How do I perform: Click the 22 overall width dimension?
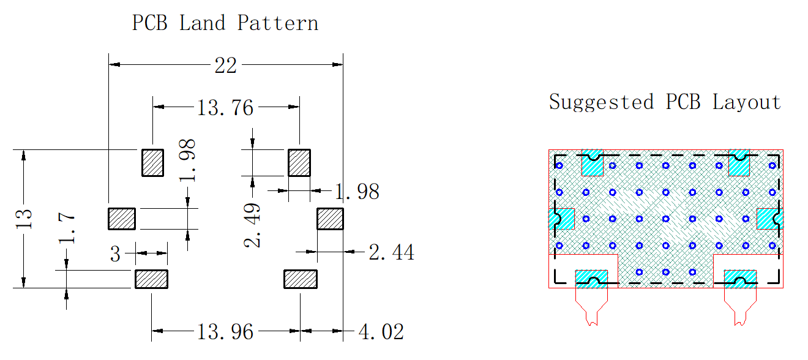tap(225, 66)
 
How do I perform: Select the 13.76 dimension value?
tap(225, 108)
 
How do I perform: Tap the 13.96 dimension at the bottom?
tap(225, 332)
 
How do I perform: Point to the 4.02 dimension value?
tap(381, 332)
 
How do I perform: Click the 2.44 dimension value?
tap(391, 252)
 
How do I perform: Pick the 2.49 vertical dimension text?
tap(252, 225)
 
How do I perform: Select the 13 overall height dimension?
tap(24, 219)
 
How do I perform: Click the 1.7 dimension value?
tap(67, 228)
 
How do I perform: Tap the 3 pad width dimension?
tap(115, 254)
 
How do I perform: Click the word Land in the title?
tap(203, 23)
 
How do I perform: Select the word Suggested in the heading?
tap(601, 102)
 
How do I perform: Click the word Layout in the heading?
tap(747, 102)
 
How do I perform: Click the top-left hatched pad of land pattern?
tap(152, 163)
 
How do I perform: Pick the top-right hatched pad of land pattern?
tap(299, 163)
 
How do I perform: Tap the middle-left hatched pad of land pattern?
tap(122, 219)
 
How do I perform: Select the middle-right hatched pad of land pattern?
tap(331, 219)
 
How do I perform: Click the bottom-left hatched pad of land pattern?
tap(152, 279)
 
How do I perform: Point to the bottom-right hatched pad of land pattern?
tap(301, 279)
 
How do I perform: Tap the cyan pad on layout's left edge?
tap(562, 219)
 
